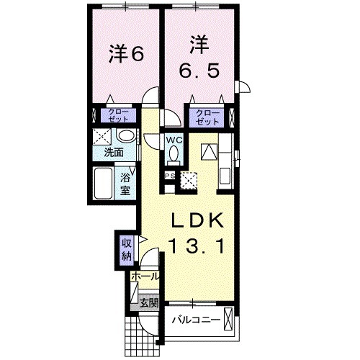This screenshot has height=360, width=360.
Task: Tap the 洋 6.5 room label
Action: (199, 60)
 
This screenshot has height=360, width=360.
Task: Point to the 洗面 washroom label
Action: (113, 153)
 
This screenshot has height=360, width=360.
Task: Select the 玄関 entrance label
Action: (149, 302)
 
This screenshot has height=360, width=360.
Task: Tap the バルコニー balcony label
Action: (197, 318)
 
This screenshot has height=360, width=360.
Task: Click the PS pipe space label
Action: (170, 175)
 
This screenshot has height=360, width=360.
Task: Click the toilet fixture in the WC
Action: (174, 153)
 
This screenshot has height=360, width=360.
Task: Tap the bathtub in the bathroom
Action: (103, 185)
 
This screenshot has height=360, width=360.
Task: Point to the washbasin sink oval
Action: (126, 137)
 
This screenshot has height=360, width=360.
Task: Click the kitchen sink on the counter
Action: (225, 174)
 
